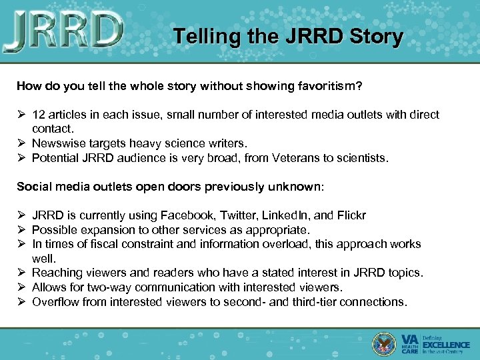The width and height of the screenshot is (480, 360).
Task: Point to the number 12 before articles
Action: coord(39,115)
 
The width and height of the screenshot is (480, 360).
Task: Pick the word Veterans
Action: coord(284,158)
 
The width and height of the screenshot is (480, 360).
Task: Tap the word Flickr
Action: coord(350,215)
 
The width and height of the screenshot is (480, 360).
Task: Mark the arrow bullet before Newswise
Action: coord(22,143)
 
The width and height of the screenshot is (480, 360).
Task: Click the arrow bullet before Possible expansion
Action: coord(22,230)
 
